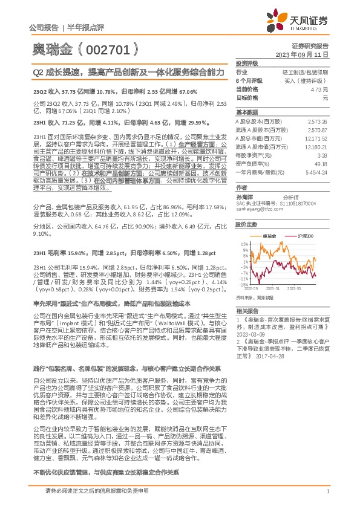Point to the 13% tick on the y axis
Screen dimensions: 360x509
tap(244, 244)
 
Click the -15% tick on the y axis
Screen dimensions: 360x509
tap(243, 283)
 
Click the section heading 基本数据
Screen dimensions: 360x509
tap(247, 112)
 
